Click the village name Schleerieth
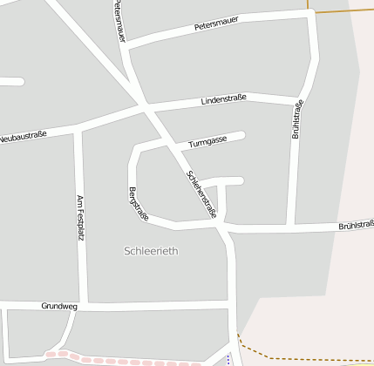click(151, 251)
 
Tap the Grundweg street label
click(59, 307)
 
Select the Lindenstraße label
click(224, 100)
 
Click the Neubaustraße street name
click(23, 137)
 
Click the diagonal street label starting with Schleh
click(201, 193)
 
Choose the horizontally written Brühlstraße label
click(356, 226)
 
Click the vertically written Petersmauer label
click(118, 21)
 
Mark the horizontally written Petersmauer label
click(216, 27)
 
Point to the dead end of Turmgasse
click(241, 134)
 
